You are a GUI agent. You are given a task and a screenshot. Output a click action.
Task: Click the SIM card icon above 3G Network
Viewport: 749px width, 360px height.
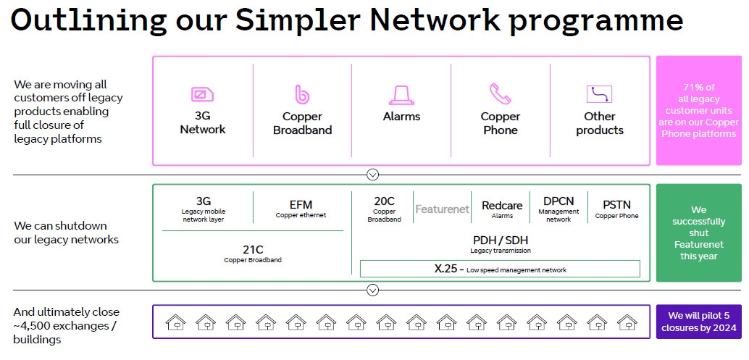[x=202, y=94]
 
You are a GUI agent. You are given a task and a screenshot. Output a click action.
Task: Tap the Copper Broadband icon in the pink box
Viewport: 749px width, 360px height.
[x=302, y=94]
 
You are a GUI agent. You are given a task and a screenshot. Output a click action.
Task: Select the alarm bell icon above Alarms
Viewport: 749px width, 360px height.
[x=401, y=94]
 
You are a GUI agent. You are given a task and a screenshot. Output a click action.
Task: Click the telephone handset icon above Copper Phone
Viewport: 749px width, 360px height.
[x=500, y=94]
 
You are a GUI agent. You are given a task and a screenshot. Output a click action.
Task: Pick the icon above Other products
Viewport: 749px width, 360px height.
[x=599, y=94]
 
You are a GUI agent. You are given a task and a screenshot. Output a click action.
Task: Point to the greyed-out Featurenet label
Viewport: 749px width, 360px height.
[x=442, y=209]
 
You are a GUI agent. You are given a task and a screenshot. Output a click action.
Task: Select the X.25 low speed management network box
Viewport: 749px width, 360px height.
[x=500, y=269]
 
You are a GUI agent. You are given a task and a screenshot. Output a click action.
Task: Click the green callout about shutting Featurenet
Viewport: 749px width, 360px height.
[x=698, y=233]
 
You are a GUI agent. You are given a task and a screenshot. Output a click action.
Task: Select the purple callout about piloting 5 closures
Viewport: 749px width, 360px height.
[x=698, y=321]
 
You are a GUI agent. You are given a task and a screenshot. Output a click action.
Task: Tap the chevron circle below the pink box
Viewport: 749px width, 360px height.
[x=372, y=175]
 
